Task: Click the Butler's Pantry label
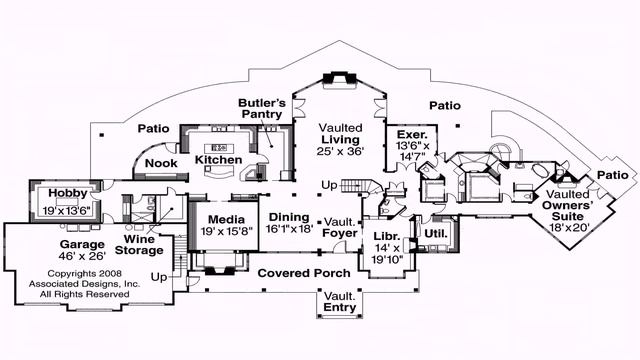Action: click(x=262, y=108)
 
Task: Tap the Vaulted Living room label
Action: click(x=340, y=133)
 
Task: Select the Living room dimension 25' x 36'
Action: click(x=340, y=151)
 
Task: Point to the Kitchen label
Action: click(x=218, y=160)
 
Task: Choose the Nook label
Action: click(x=161, y=163)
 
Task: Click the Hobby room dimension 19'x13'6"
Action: click(x=67, y=211)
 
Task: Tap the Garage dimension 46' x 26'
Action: click(x=82, y=256)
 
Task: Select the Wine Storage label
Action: click(x=139, y=245)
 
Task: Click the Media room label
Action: click(x=226, y=220)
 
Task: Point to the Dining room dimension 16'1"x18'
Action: click(x=289, y=229)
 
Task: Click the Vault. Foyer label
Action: click(x=340, y=228)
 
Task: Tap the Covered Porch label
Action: click(x=304, y=273)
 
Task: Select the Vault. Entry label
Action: click(x=340, y=302)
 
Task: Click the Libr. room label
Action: click(x=387, y=236)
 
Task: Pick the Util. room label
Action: click(x=436, y=234)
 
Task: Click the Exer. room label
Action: click(x=412, y=135)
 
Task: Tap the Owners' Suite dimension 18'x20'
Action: click(x=567, y=227)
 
